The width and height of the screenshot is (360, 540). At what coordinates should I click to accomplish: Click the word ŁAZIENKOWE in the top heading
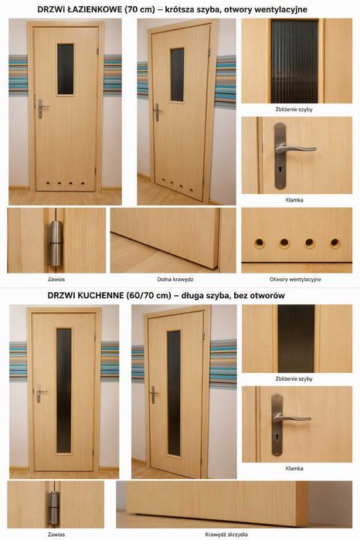[94, 9]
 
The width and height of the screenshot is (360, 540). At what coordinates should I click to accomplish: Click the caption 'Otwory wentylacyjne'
[295, 280]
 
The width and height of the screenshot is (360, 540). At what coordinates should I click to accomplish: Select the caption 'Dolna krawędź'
[175, 280]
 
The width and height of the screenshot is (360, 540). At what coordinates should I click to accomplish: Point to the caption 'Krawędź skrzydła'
[226, 535]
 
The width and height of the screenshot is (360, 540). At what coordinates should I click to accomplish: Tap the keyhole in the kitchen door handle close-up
[277, 438]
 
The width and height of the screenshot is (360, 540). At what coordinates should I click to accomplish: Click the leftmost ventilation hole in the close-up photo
[260, 243]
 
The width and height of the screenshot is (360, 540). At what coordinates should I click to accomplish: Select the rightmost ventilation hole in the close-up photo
[335, 243]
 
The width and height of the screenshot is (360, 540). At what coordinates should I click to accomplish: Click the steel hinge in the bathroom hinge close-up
[55, 243]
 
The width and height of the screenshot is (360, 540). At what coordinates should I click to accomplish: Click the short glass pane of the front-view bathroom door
[65, 70]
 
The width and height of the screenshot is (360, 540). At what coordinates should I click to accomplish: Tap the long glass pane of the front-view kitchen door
[63, 391]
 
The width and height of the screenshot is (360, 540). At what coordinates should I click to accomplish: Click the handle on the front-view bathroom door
[42, 108]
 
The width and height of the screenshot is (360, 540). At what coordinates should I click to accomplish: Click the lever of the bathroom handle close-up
[297, 149]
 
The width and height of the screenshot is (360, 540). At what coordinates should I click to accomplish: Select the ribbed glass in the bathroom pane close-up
[294, 61]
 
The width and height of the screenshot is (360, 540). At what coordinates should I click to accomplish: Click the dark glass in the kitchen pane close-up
[297, 338]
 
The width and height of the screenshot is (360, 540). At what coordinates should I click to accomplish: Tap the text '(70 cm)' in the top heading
[140, 9]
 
